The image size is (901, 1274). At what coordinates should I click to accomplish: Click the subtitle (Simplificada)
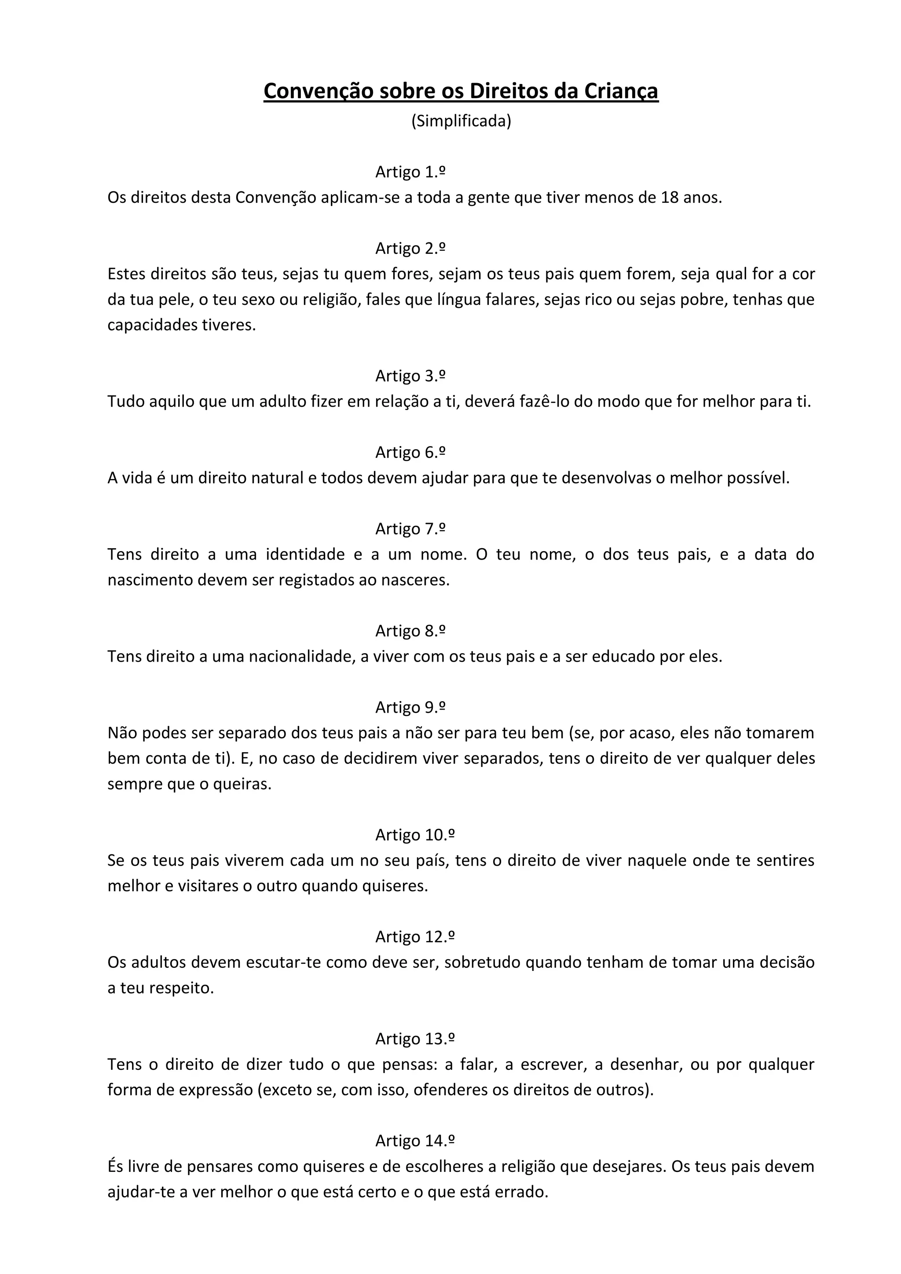click(461, 121)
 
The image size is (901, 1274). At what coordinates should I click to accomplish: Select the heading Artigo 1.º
click(410, 172)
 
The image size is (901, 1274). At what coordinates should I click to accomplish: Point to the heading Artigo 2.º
click(410, 248)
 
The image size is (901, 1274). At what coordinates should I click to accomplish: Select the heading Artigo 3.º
click(410, 376)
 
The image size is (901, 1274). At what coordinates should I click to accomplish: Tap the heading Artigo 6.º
click(410, 452)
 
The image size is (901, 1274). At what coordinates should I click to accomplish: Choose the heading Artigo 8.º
click(410, 631)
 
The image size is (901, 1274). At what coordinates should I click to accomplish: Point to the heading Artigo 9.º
click(410, 707)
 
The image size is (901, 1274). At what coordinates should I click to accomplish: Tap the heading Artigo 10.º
click(415, 835)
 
